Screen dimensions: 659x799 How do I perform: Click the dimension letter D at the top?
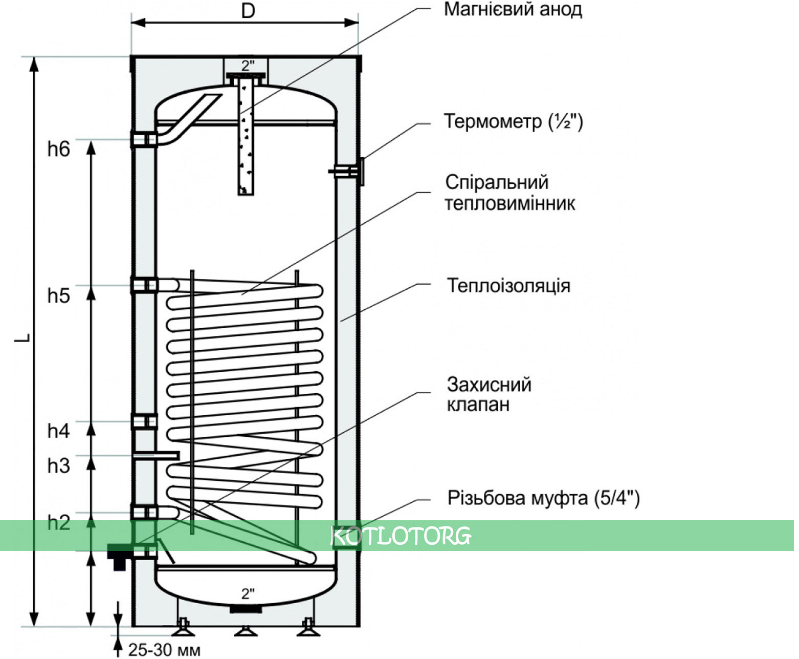click(x=248, y=11)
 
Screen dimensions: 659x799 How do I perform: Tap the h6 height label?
click(x=58, y=149)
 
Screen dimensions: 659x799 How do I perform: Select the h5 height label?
click(x=58, y=295)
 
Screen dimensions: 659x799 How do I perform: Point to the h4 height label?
click(x=58, y=431)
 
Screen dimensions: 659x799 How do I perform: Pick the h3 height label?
click(x=58, y=466)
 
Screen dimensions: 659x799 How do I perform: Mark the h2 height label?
click(x=58, y=523)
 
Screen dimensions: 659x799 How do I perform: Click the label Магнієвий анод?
click(x=513, y=9)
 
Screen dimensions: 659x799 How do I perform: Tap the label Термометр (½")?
click(x=513, y=122)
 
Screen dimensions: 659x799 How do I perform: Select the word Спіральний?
click(x=497, y=182)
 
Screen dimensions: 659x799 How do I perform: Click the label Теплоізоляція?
click(x=508, y=285)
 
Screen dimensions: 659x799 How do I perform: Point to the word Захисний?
click(x=489, y=384)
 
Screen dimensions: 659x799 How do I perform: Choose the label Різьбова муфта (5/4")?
click(x=543, y=498)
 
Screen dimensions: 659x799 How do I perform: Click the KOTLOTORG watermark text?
click(x=401, y=536)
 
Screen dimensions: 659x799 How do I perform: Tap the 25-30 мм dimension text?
click(x=164, y=650)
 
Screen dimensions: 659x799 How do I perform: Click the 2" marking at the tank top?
click(x=248, y=66)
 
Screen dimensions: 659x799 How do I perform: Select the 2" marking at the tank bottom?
click(x=248, y=593)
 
